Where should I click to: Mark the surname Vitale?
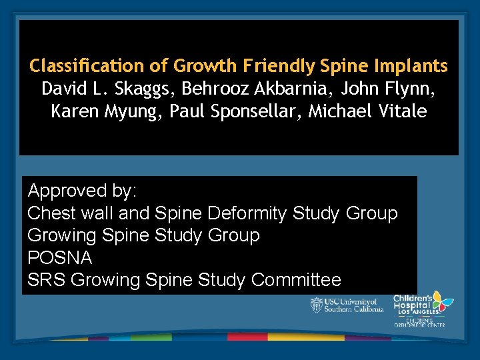coord(401,111)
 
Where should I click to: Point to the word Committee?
coord(296,280)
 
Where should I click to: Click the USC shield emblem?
coord(316,305)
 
